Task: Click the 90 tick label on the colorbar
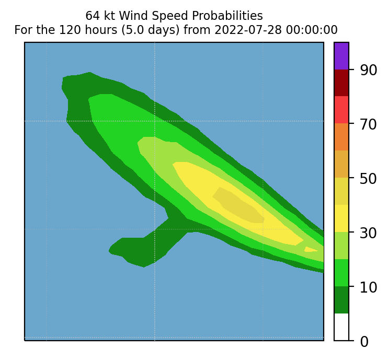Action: coord(368,71)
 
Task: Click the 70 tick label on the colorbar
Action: coord(368,124)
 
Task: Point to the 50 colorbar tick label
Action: coord(368,179)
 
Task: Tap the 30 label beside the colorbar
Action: coord(368,233)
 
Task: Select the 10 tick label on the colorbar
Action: coord(368,287)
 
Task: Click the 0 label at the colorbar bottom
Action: coord(364,342)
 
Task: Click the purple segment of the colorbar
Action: coord(341,56)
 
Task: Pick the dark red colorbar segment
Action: coord(341,83)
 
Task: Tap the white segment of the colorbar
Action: coord(341,327)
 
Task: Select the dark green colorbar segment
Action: coord(341,300)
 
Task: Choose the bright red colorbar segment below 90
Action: coord(341,110)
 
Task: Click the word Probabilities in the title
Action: coord(227,16)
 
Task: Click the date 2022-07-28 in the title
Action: coord(248,30)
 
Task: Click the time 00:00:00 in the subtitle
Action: coord(312,30)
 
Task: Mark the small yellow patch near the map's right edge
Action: coord(311,249)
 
